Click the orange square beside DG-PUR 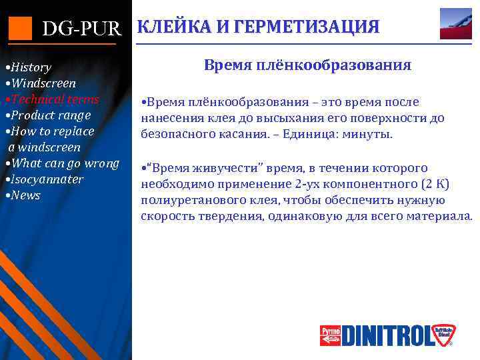(x=21, y=28)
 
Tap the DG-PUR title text (x=82, y=29)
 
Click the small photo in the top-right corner (x=455, y=24)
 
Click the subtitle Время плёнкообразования (x=307, y=65)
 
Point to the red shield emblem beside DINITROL (x=442, y=335)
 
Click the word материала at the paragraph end (x=438, y=216)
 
